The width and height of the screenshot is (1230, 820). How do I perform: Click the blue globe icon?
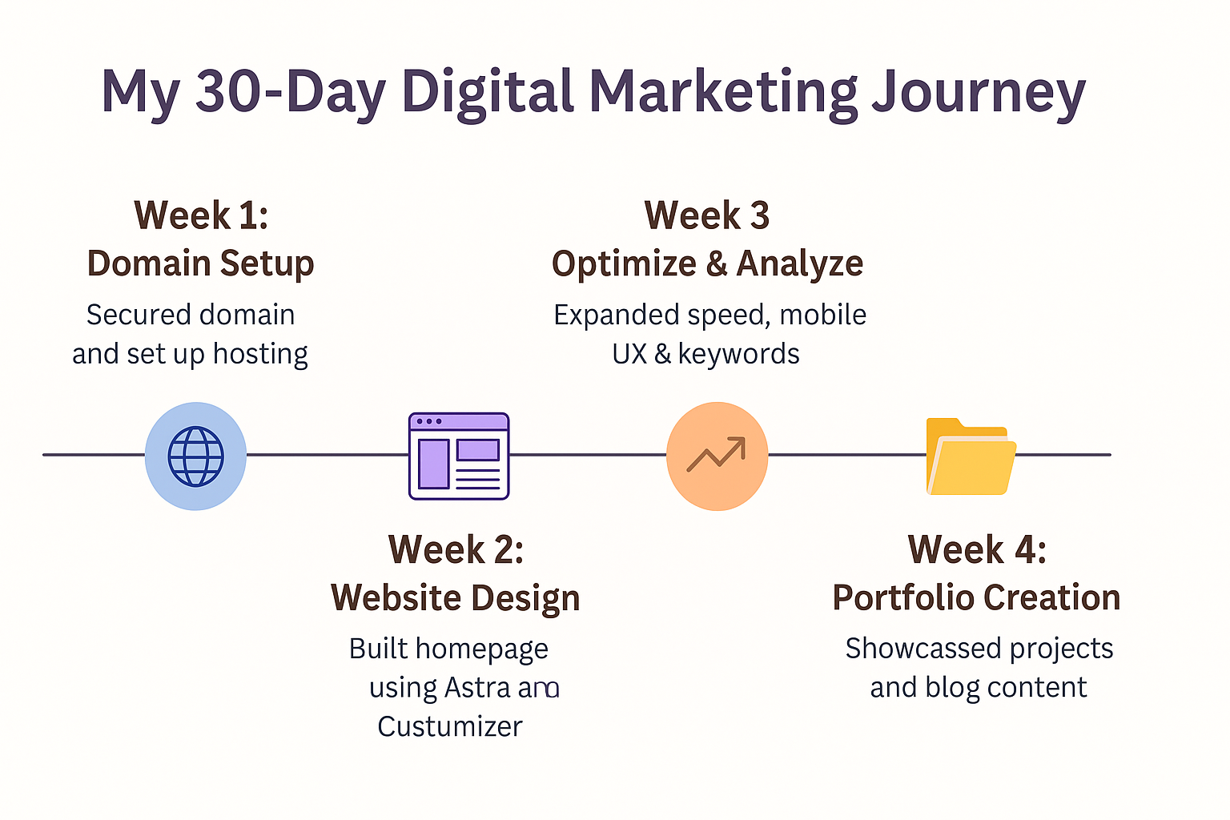[195, 456]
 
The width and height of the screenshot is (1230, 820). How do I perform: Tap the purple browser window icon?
[459, 456]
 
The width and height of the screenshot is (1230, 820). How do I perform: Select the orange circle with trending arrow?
[717, 456]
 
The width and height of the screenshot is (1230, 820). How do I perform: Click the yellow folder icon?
[971, 456]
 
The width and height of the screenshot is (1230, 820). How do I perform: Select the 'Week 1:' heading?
[201, 215]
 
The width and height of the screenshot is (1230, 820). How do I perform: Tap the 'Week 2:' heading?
[456, 549]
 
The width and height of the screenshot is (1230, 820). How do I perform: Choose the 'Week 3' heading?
[707, 215]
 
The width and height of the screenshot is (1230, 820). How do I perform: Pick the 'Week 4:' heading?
[978, 549]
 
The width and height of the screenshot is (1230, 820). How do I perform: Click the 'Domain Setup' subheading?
[200, 263]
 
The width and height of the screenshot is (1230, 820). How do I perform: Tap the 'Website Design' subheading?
[455, 598]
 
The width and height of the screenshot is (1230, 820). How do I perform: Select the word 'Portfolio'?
[904, 597]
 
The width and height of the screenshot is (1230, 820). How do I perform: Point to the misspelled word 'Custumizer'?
[450, 726]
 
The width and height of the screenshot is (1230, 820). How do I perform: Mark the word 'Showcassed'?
[923, 649]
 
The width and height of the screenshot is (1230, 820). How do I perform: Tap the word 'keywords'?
[738, 354]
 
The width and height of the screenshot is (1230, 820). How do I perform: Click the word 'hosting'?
[260, 354]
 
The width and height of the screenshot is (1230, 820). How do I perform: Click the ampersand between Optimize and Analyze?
[717, 264]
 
